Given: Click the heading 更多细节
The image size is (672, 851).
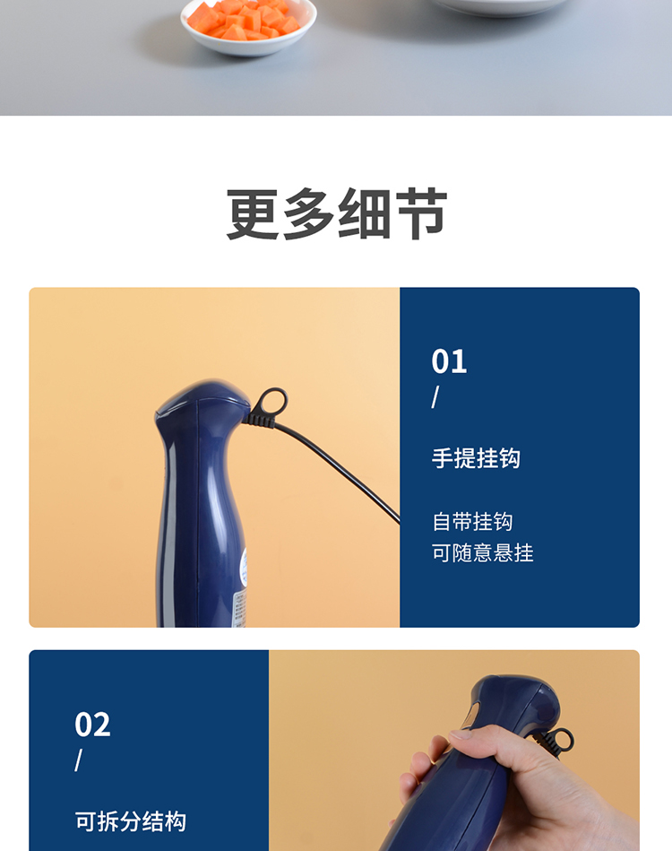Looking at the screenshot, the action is point(336,213).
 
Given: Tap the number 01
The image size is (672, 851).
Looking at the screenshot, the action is point(449,361).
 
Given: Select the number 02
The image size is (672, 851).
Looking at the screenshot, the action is point(92,725).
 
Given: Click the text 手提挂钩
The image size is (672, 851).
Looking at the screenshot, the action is point(476,458).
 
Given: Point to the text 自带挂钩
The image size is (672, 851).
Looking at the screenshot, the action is point(472,522).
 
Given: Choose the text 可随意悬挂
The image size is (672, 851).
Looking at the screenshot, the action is point(483,553).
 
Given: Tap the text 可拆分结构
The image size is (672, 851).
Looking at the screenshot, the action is point(130,821).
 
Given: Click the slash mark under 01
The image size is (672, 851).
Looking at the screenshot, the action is point(435,396).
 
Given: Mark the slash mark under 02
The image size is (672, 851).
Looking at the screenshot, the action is point(79,760).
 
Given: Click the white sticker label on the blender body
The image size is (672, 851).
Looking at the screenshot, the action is point(241,589).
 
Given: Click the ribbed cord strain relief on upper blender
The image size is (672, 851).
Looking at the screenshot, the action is point(259,419).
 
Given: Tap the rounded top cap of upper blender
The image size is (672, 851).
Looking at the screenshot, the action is point(203,396).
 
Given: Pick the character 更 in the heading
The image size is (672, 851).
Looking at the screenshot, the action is point(253,213).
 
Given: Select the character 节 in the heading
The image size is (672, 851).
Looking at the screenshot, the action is point(421,213).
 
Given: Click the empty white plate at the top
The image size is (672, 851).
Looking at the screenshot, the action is point(498,6).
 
